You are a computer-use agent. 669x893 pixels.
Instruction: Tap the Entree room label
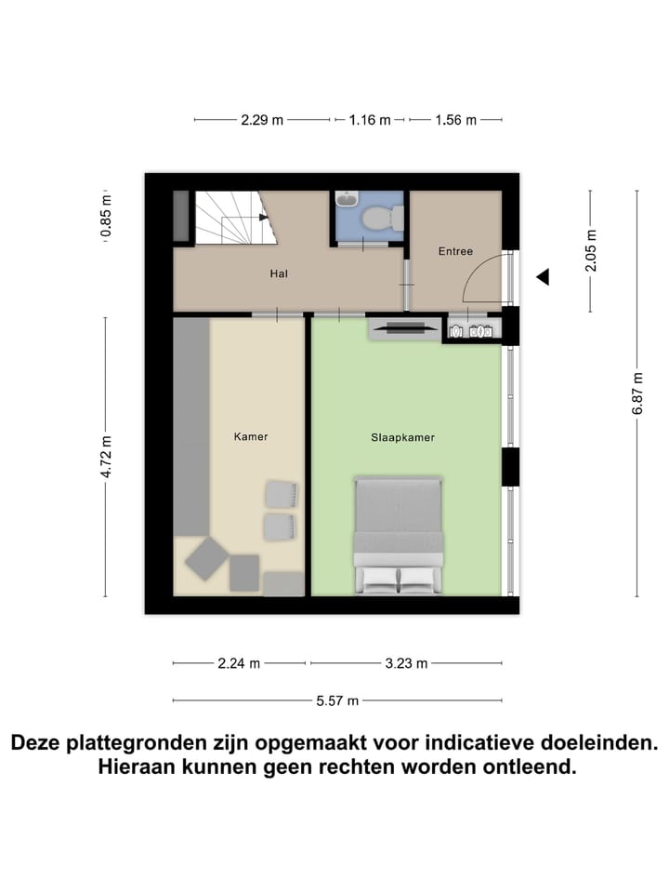pyautogui.click(x=455, y=251)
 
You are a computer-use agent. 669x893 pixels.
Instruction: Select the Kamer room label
pyautogui.click(x=251, y=435)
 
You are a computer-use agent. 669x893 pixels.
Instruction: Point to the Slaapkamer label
pyautogui.click(x=403, y=435)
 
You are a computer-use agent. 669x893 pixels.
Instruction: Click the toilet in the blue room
pyautogui.click(x=381, y=219)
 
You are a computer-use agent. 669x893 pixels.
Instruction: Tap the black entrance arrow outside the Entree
pyautogui.click(x=543, y=276)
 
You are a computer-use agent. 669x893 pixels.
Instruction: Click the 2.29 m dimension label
pyautogui.click(x=262, y=120)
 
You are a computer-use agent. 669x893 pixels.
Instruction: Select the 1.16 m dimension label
pyautogui.click(x=370, y=120)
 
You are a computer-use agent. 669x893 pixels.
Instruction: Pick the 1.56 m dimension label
pyautogui.click(x=455, y=120)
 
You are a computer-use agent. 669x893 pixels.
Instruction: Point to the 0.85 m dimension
pyautogui.click(x=107, y=215)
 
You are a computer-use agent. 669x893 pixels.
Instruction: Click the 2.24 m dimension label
pyautogui.click(x=239, y=663)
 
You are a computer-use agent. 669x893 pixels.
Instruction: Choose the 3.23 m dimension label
pyautogui.click(x=406, y=663)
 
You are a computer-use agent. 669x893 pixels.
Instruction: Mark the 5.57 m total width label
pyautogui.click(x=336, y=700)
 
